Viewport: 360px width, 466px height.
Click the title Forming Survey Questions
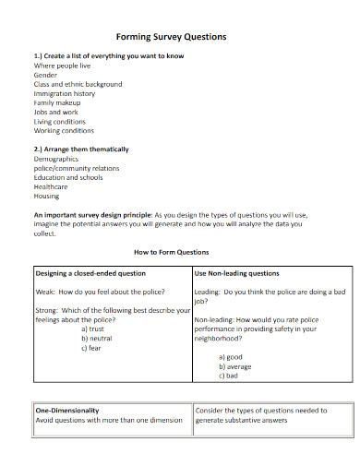170,37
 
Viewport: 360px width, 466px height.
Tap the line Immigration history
65,93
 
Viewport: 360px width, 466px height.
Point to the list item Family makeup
57,102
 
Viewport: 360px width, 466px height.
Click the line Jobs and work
56,112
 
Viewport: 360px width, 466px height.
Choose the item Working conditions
65,130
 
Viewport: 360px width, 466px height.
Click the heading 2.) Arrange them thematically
81,149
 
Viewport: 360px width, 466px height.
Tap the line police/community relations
77,168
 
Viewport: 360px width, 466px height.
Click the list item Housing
47,196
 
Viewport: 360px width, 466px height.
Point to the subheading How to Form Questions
172,252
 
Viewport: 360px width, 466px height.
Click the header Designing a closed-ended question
90,273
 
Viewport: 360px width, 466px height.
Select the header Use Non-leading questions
237,273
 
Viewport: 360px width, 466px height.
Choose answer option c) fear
91,347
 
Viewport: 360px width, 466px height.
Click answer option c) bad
229,376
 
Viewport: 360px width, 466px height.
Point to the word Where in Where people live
44,66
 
